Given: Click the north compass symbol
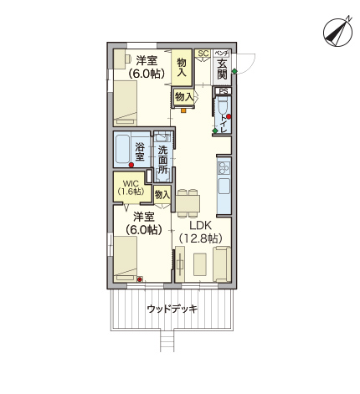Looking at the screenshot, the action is point(337,32).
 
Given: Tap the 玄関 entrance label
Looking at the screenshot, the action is point(223,69).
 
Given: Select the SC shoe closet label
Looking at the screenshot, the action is point(203,53).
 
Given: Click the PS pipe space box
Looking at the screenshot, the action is point(224,91).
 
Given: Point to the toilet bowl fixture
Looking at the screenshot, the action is point(224,105).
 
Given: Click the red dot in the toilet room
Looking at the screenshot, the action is point(229,116).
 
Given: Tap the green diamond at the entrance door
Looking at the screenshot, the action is point(234,71).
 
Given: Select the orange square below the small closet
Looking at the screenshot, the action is point(183,110).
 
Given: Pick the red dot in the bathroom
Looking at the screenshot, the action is point(131,165).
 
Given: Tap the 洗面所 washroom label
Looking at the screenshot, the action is point(162,160).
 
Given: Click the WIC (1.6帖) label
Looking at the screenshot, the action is point(131,187).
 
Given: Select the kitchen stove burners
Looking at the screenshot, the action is point(224,168).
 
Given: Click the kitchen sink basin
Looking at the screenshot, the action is point(224,186).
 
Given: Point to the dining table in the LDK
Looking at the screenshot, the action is point(188,203).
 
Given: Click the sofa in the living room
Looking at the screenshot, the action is point(222,264).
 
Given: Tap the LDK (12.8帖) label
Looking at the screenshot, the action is point(200,232).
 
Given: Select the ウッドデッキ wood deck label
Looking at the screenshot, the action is point(172,309).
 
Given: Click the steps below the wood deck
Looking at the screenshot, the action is point(167,341).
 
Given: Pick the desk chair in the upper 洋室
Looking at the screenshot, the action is point(128,59).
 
